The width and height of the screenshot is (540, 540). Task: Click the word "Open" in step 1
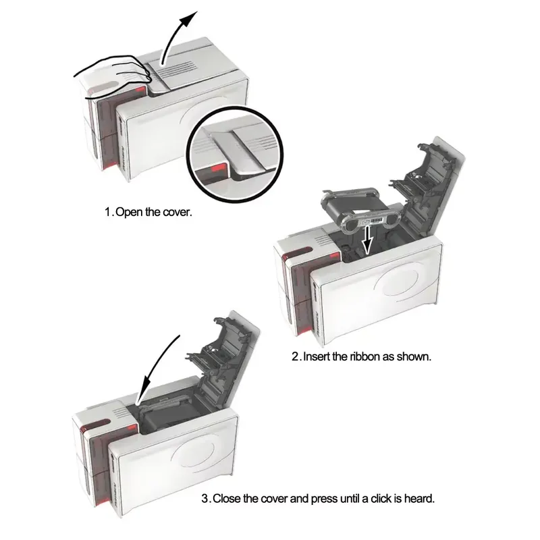[129, 212]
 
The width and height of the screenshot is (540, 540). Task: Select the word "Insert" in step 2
[317, 356]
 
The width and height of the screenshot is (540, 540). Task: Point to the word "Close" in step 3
[227, 499]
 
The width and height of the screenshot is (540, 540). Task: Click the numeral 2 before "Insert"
[296, 356]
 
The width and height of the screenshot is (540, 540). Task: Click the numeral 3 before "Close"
[205, 499]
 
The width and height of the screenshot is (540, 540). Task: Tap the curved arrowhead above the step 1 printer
[190, 19]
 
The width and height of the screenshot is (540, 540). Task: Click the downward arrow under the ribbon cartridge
[367, 240]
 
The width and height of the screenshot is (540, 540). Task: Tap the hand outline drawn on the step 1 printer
[113, 74]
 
